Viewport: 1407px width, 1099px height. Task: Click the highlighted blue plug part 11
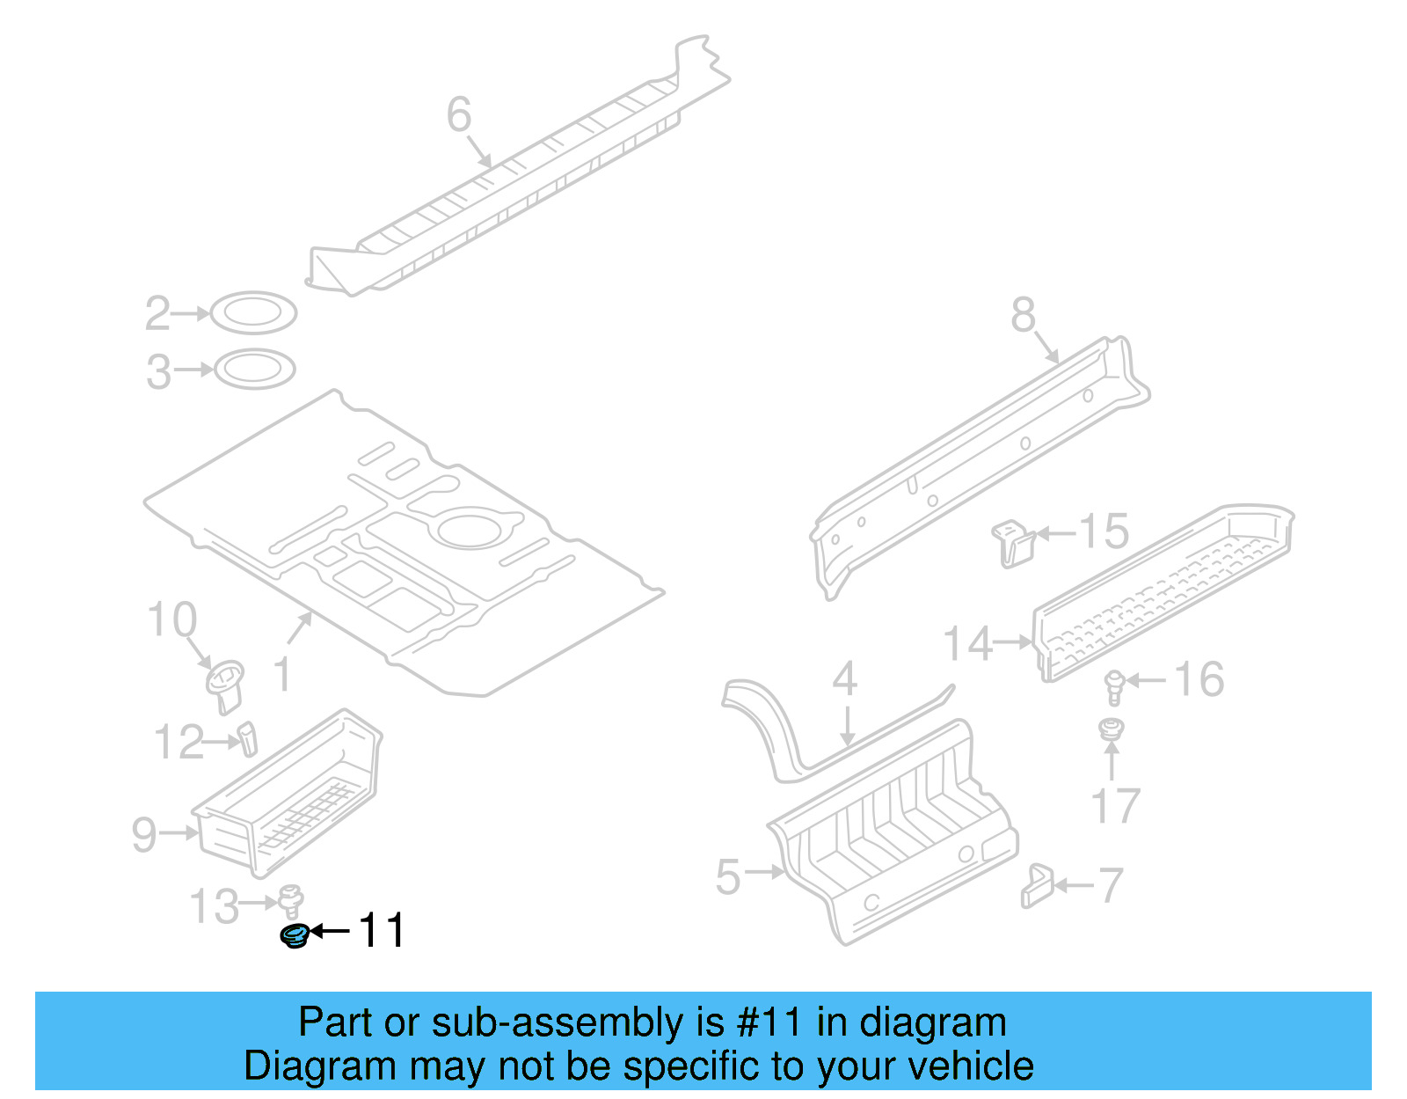[x=294, y=936]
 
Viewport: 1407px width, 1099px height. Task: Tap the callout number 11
[x=381, y=931]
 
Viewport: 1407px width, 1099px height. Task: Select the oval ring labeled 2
[x=253, y=313]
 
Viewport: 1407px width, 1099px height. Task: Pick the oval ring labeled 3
[x=254, y=369]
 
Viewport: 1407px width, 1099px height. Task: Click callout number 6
[x=458, y=114]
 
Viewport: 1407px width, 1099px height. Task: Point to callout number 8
[x=1023, y=314]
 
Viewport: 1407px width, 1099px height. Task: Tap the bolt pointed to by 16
[x=1115, y=686]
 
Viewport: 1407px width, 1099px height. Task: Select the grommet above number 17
[x=1112, y=729]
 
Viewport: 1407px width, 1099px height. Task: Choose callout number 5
[x=728, y=877]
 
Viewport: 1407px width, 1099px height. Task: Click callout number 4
[x=844, y=678]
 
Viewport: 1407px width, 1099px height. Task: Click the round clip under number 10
[x=225, y=685]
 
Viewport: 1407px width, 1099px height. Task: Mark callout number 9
[x=144, y=833]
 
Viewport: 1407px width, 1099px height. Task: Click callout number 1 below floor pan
[x=281, y=674]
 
